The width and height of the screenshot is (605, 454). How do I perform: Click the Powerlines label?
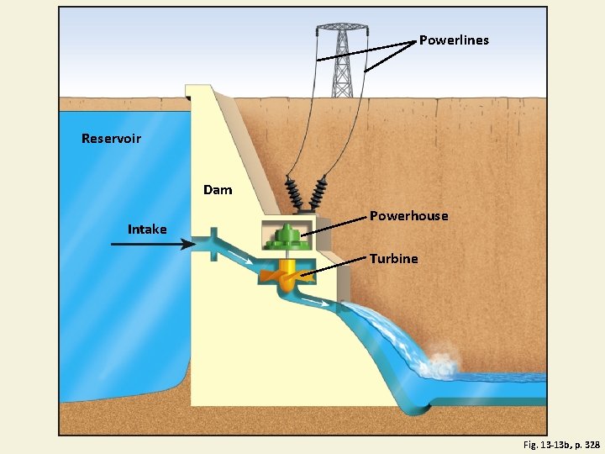[x=454, y=40]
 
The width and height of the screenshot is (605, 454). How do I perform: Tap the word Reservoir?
[x=111, y=138]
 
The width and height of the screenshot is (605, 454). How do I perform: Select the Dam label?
[x=218, y=190]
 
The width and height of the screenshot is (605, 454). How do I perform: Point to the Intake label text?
[x=147, y=229]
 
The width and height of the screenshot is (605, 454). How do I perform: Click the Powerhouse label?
[x=409, y=216]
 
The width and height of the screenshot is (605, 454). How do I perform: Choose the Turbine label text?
[x=393, y=259]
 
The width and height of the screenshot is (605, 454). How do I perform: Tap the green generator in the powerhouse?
[x=287, y=237]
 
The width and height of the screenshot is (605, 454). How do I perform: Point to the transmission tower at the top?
[x=342, y=59]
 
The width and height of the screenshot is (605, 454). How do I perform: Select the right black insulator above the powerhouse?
[x=320, y=195]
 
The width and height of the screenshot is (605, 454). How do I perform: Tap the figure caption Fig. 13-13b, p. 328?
[x=561, y=444]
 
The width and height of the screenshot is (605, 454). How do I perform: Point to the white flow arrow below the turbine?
[x=317, y=298]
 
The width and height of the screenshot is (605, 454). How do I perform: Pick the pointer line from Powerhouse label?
[x=334, y=225]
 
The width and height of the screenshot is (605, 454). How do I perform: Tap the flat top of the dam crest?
[x=198, y=87]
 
